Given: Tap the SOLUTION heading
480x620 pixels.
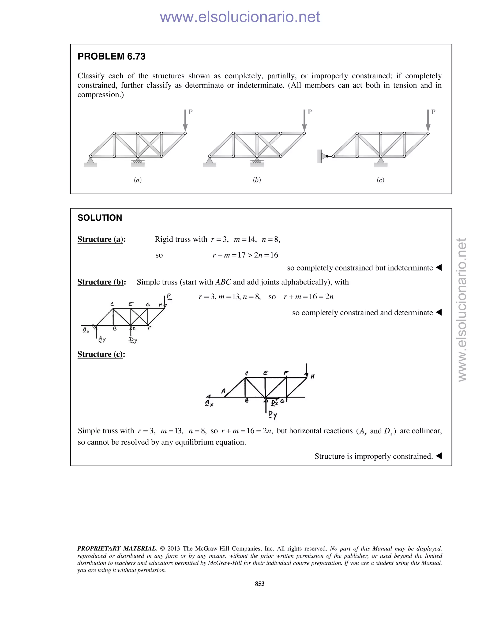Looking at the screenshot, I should pos(100,218).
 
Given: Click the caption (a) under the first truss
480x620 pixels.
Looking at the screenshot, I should pos(138,180).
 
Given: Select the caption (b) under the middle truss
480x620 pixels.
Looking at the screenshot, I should pos(257,180).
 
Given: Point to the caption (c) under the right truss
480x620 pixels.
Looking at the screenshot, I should pos(380,180).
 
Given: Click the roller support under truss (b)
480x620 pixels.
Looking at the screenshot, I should pos(257,162).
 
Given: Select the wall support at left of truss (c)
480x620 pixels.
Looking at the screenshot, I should pos(320,156).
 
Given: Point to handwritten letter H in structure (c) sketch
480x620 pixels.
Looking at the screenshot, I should pos(312,376).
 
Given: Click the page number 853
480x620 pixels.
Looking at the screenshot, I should pos(260,584).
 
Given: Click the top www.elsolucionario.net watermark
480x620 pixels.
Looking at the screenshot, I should pos(240,17).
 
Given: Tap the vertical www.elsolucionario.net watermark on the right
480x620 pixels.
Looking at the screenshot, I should pos(462,310).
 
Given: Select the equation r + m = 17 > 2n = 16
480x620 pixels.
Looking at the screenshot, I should pos(245,255).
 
